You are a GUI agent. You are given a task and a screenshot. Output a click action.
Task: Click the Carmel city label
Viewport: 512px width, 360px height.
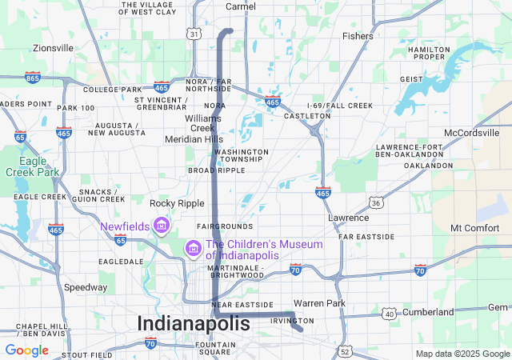coord(240,6)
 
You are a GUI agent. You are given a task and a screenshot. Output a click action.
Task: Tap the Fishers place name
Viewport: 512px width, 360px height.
coord(358,36)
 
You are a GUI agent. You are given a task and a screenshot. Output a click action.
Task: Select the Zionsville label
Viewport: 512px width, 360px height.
coord(53,48)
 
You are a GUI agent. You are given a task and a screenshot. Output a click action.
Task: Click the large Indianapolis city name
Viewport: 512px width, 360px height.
coord(194,323)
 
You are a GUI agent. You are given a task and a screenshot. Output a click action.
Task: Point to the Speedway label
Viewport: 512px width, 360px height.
coord(86,287)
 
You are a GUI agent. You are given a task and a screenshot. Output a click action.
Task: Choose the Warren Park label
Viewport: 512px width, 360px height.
coord(318,303)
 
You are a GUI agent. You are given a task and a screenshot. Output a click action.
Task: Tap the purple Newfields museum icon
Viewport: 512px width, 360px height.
coord(161,226)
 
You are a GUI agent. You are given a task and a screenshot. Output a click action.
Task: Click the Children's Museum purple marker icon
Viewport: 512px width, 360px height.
coord(192,249)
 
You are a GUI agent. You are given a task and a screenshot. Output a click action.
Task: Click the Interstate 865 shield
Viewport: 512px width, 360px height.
coord(33,77)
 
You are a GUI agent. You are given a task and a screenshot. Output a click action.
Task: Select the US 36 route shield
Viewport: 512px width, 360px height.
coord(375,203)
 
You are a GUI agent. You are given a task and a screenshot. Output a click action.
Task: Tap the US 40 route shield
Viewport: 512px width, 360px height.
coord(390,314)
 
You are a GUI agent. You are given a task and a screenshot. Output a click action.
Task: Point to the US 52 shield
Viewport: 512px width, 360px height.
coord(344,350)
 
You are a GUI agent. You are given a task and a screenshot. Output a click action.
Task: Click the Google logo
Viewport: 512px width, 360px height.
coord(26,350)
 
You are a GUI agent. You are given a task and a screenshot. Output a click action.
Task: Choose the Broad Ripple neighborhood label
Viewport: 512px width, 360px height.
coord(217,170)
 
